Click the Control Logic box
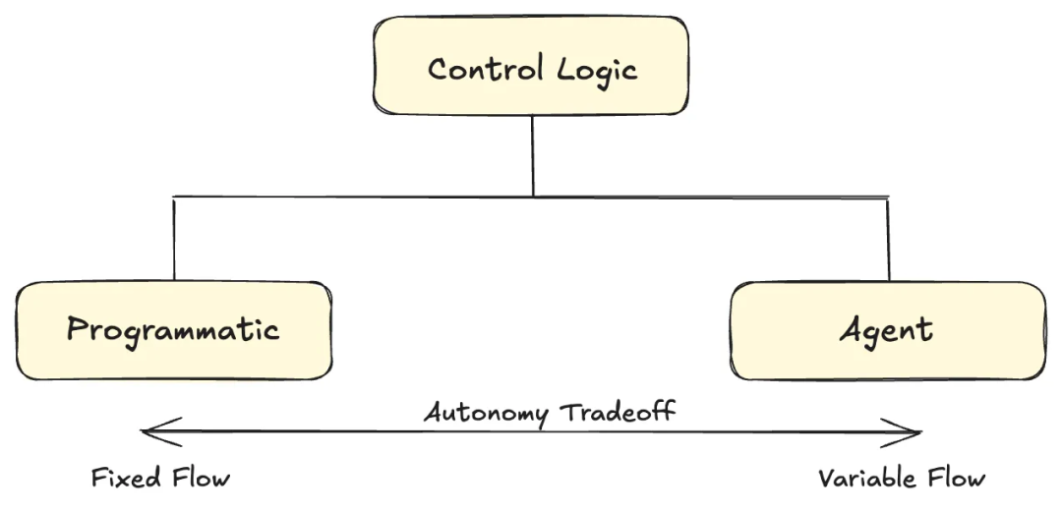(x=530, y=66)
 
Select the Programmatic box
(x=174, y=330)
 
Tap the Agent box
(x=887, y=330)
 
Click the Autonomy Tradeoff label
(x=550, y=411)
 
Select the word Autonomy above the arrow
(x=486, y=412)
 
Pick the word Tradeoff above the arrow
(x=618, y=410)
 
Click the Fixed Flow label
(x=160, y=479)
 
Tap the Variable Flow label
(x=901, y=479)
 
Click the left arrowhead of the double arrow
(x=150, y=430)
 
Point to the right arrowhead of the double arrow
(x=914, y=431)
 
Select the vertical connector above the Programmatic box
(x=174, y=239)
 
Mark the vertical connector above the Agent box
(x=888, y=239)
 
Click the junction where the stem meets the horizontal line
(x=532, y=197)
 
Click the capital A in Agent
(x=852, y=329)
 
